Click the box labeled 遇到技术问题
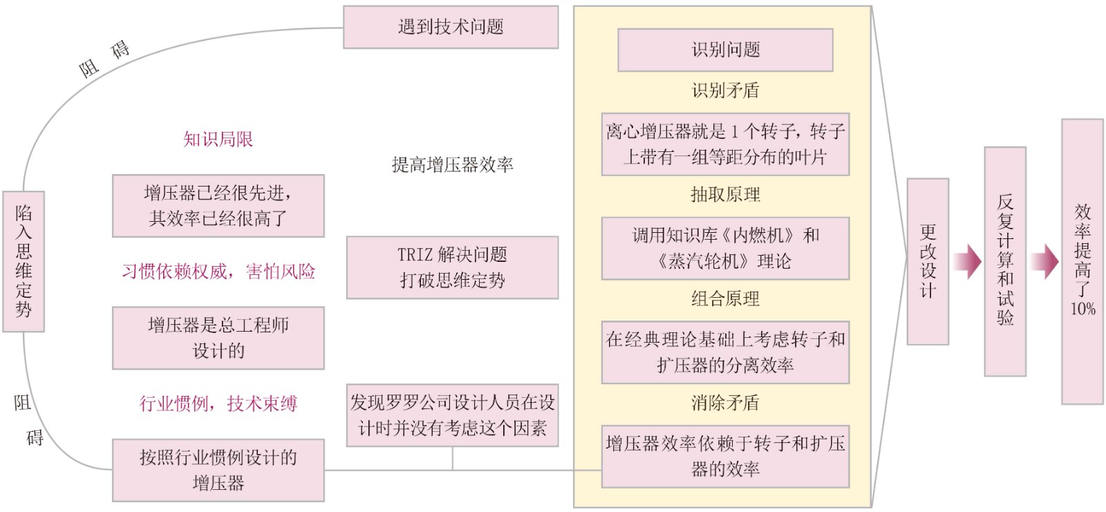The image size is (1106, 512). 451,28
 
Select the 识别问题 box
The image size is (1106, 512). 725,50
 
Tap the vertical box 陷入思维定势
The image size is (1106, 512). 24,261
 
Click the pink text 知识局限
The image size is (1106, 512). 218,140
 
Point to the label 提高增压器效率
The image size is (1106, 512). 452,164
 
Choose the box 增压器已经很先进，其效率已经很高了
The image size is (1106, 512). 218,206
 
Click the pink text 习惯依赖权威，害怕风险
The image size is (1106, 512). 218,272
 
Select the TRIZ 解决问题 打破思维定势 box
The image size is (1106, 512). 452,267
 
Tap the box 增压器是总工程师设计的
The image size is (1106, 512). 218,338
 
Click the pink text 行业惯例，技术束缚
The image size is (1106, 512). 218,404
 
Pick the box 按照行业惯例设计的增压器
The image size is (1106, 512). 218,470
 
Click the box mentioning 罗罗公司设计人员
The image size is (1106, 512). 452,415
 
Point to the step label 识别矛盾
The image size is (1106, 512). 725,91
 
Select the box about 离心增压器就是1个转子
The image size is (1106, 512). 725,144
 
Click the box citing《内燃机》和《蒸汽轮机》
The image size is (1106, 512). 725,249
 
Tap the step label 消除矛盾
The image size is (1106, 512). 725,403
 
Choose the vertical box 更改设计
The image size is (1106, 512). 928,261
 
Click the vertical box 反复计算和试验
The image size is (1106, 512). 1005,261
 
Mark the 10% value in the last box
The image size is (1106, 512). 1082,309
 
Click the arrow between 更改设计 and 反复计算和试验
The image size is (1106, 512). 966,261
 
